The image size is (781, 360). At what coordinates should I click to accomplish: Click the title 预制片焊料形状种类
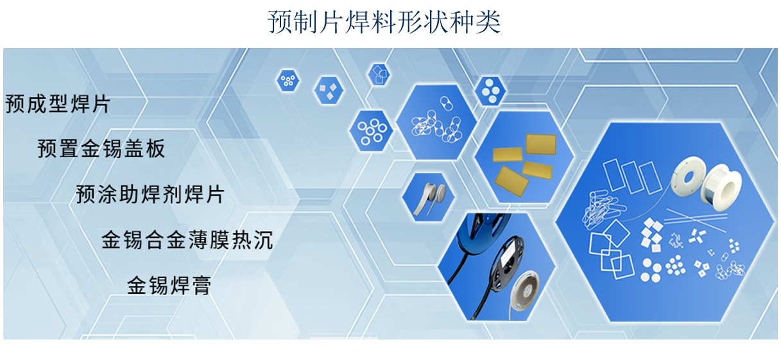click(384, 22)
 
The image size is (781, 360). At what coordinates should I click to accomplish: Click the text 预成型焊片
click(58, 104)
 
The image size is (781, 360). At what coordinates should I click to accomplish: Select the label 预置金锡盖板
click(101, 148)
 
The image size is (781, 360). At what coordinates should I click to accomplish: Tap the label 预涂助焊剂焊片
click(150, 194)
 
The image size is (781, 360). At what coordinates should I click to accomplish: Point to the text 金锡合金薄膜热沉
click(187, 240)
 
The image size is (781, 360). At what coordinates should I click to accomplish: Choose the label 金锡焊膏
click(169, 285)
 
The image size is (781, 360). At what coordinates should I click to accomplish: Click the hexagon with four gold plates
click(524, 157)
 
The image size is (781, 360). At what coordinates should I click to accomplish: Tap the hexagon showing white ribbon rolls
click(428, 197)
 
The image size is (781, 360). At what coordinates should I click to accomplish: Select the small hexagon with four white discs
click(490, 91)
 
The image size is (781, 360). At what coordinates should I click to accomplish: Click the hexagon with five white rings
click(372, 131)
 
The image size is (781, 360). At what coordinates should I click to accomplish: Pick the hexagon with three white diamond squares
click(329, 90)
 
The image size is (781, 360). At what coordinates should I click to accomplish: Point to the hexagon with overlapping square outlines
click(379, 74)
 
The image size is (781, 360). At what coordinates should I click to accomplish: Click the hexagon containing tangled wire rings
click(436, 123)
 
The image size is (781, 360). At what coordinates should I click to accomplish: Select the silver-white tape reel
click(525, 290)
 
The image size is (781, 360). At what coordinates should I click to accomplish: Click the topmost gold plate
click(541, 144)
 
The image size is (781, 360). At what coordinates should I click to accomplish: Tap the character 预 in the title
click(280, 22)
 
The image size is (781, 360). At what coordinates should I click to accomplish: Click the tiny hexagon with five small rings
click(288, 80)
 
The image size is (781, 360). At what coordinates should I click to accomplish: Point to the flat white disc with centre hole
click(688, 176)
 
